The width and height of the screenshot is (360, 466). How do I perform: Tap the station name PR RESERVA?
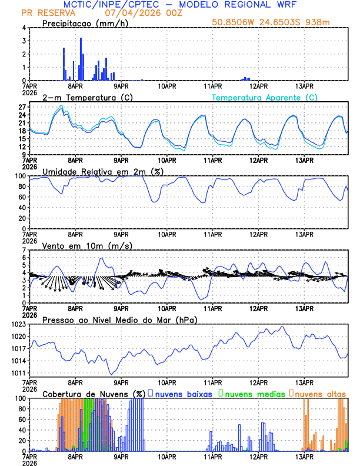pyautogui.click(x=44, y=13)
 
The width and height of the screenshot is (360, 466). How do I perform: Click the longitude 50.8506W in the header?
pyautogui.click(x=236, y=23)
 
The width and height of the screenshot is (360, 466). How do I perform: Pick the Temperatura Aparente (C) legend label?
pyautogui.click(x=265, y=97)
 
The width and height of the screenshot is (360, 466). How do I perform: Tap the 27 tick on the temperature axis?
pyautogui.click(x=21, y=107)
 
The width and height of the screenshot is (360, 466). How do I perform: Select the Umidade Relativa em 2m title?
pyautogui.click(x=103, y=171)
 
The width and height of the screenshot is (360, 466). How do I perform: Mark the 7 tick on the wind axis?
pyautogui.click(x=24, y=250)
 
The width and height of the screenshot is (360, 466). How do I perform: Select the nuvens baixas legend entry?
pyautogui.click(x=179, y=394)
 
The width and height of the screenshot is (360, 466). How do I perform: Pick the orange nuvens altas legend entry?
pyautogui.click(x=318, y=394)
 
